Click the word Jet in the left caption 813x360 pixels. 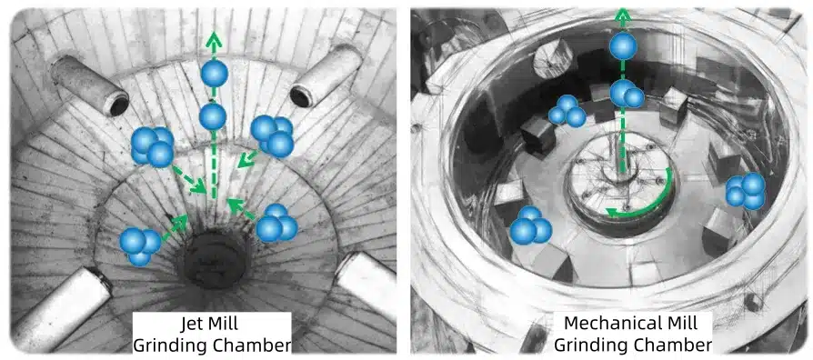(192, 324)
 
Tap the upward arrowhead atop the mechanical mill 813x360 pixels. (621, 17)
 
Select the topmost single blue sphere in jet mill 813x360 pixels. (214, 73)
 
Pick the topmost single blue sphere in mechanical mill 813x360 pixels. (623, 46)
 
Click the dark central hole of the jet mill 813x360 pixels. (215, 259)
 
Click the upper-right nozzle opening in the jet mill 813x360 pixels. (301, 96)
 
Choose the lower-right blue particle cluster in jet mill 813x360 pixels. (276, 224)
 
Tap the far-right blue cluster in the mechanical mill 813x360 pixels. (746, 191)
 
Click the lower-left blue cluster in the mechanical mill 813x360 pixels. (530, 225)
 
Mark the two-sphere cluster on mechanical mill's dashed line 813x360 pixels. (627, 94)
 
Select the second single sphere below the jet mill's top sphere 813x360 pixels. (213, 116)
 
